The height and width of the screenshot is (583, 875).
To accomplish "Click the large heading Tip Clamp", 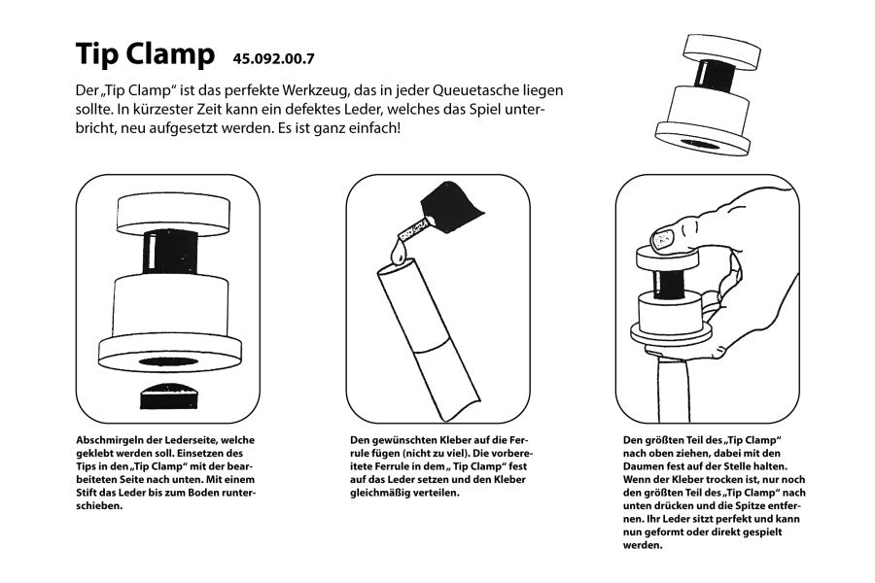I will coord(145,54).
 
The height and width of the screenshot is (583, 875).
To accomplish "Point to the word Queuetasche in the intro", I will coord(440,89).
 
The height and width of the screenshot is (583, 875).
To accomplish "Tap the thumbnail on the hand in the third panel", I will coord(665,236).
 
